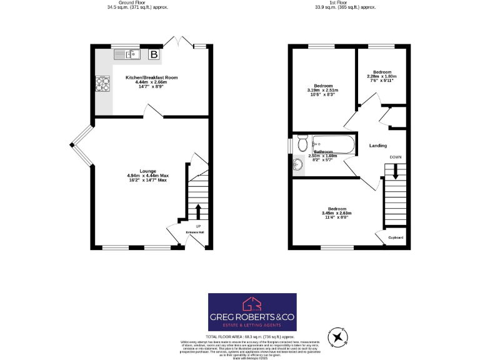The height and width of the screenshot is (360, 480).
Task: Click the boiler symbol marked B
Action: tap(154, 55)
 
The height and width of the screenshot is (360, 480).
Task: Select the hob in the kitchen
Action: tap(102, 83)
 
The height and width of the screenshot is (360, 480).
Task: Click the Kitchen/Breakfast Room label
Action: tap(151, 78)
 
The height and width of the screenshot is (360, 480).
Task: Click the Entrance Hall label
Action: tap(195, 232)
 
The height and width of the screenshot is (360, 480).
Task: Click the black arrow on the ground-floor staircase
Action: tap(198, 209)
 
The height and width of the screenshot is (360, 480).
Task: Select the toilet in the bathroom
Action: tap(302, 144)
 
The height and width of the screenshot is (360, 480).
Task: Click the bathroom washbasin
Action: tap(298, 165)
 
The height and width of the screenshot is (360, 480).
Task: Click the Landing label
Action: tap(378, 146)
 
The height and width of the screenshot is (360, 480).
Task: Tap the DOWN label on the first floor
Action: tap(396, 157)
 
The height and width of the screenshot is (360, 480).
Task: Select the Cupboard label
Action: tap(396, 237)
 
